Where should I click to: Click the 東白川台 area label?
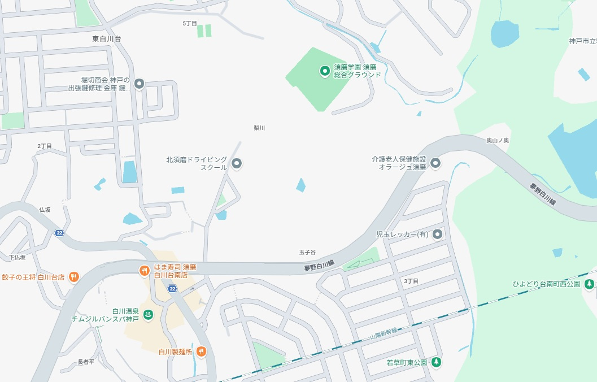click(x=107, y=39)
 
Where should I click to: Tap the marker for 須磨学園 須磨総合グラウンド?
click(x=325, y=71)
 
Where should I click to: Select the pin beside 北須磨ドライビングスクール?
click(x=237, y=164)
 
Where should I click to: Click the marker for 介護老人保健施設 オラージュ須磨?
click(x=435, y=164)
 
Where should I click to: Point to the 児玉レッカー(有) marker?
click(x=437, y=235)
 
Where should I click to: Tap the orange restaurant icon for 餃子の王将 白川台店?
click(x=73, y=277)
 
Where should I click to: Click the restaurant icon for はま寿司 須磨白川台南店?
click(x=144, y=270)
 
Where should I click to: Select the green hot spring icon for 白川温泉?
click(x=149, y=315)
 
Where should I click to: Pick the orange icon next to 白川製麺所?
click(x=201, y=351)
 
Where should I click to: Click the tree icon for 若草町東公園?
click(x=435, y=362)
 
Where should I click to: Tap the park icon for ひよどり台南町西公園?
click(x=589, y=284)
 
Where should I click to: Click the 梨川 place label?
click(x=259, y=128)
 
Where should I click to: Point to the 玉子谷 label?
click(x=307, y=252)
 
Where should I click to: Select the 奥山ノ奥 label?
click(x=498, y=140)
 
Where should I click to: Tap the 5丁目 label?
click(x=190, y=24)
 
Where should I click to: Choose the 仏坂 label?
click(x=45, y=210)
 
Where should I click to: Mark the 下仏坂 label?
click(x=17, y=257)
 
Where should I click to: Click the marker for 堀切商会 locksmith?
click(x=139, y=84)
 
